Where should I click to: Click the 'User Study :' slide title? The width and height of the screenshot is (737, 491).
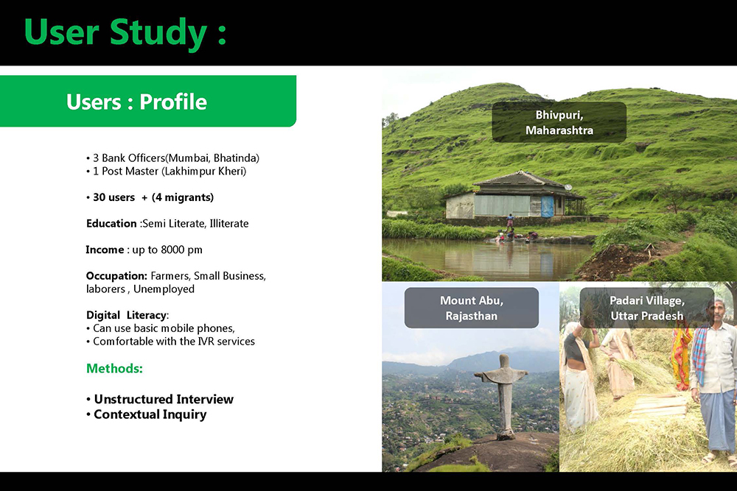tap(125, 33)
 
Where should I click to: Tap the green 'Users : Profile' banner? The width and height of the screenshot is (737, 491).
tap(147, 101)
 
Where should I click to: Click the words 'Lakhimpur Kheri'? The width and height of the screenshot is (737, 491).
tap(203, 172)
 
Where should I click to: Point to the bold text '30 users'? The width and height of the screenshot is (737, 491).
tap(113, 197)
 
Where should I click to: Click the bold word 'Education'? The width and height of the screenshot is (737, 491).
tap(111, 224)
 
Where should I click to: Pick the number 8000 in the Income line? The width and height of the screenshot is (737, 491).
tap(172, 250)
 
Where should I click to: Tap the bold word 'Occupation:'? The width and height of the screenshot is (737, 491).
tap(116, 276)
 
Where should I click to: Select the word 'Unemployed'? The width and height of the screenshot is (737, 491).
tap(164, 289)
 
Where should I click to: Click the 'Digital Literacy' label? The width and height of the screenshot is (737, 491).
tap(127, 315)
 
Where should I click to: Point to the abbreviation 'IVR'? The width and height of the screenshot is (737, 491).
tap(206, 342)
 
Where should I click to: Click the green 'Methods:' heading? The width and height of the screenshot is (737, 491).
tap(114, 369)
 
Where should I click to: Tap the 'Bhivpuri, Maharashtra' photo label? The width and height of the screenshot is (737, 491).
tap(559, 122)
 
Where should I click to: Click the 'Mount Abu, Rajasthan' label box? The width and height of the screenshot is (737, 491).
tap(472, 308)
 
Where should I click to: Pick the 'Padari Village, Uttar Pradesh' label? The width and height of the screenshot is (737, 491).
tap(647, 308)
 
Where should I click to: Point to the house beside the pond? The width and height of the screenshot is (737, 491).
tap(515, 197)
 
